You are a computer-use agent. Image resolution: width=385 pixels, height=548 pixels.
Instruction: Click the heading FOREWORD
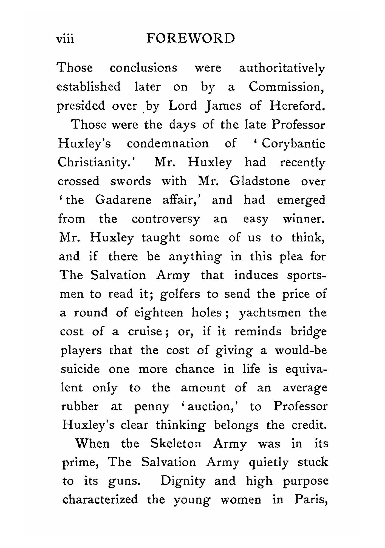[191, 38]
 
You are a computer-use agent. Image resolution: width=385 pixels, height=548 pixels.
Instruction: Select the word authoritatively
[282, 69]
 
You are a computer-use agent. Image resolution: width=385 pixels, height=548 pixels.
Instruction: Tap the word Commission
[286, 87]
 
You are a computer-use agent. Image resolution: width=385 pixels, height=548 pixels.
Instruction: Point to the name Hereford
[297, 106]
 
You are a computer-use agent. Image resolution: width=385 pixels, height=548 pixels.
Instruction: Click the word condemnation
[168, 144]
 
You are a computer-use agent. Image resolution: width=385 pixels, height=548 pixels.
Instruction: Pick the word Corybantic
[293, 144]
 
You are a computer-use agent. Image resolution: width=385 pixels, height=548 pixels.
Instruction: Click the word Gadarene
[123, 200]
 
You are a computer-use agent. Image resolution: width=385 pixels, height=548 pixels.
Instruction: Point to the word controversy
[166, 219]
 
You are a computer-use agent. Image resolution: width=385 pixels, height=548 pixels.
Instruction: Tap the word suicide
[80, 369]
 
